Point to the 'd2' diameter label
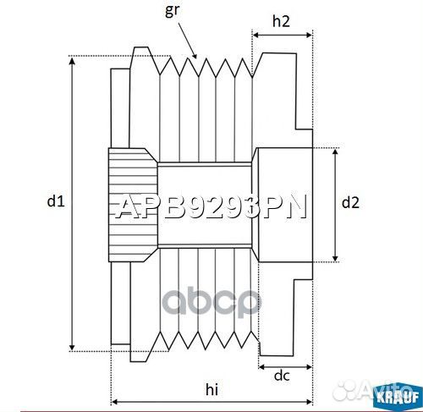click(x=350, y=202)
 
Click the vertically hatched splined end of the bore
click(x=132, y=203)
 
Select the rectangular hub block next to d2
click(x=283, y=203)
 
